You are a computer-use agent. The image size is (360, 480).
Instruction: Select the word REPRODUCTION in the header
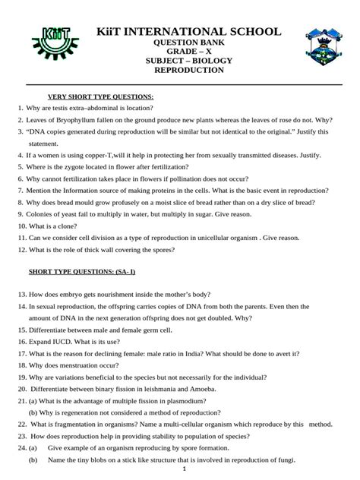pyautogui.click(x=188, y=70)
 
